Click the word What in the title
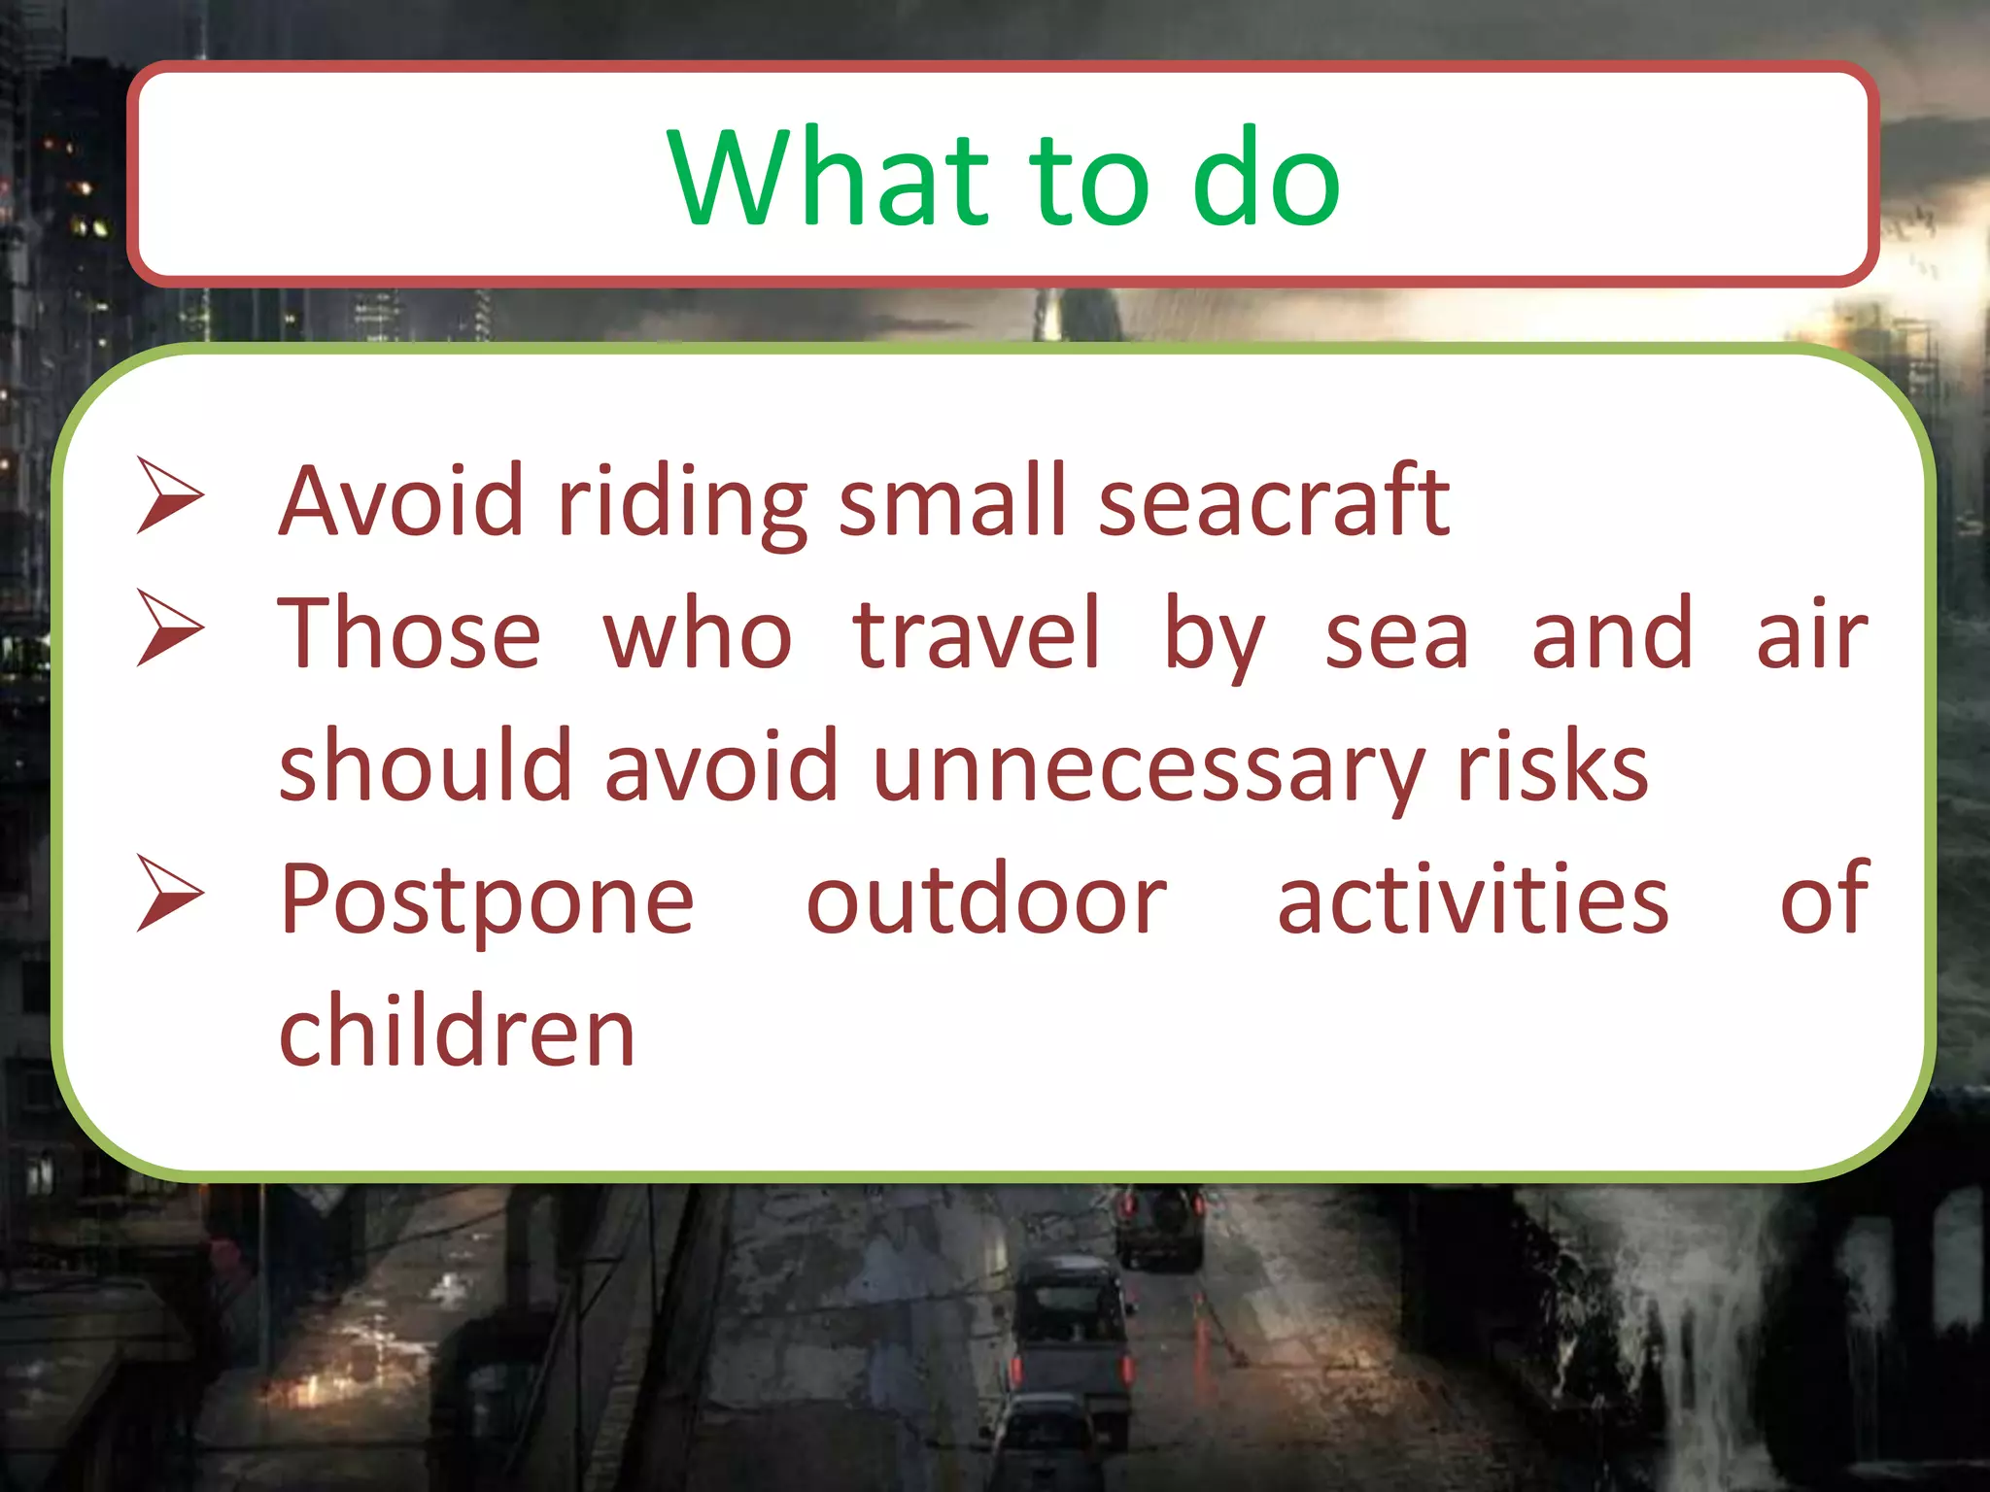(829, 179)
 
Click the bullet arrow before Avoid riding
(170, 496)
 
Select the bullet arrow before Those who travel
(170, 628)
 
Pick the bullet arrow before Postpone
(170, 894)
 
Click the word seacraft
(1274, 501)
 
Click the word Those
(409, 633)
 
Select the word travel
(977, 633)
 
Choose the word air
(1811, 633)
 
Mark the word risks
(1552, 767)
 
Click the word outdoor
(986, 899)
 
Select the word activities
(1472, 899)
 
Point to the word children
(457, 1032)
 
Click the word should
(425, 767)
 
